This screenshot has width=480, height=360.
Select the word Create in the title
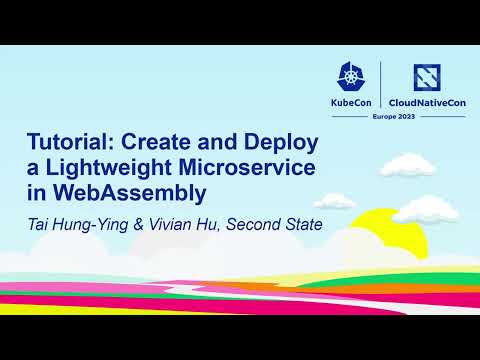tap(172, 143)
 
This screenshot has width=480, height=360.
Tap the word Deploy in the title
tap(282, 143)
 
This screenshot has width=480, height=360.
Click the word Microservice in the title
tap(262, 167)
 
